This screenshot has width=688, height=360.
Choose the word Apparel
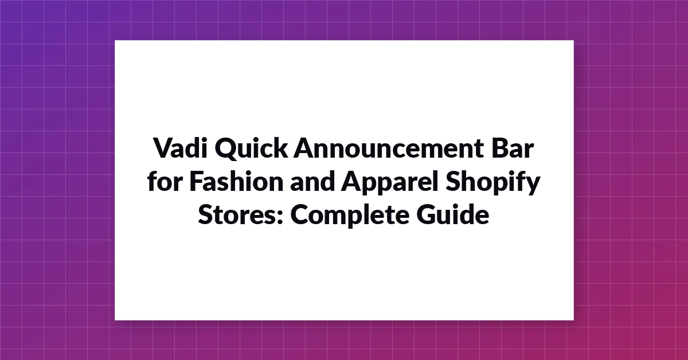pos(389,183)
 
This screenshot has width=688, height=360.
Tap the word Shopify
pos(492,183)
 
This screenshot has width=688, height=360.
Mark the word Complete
pos(350,216)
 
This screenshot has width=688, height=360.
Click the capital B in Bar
pos(500,148)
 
